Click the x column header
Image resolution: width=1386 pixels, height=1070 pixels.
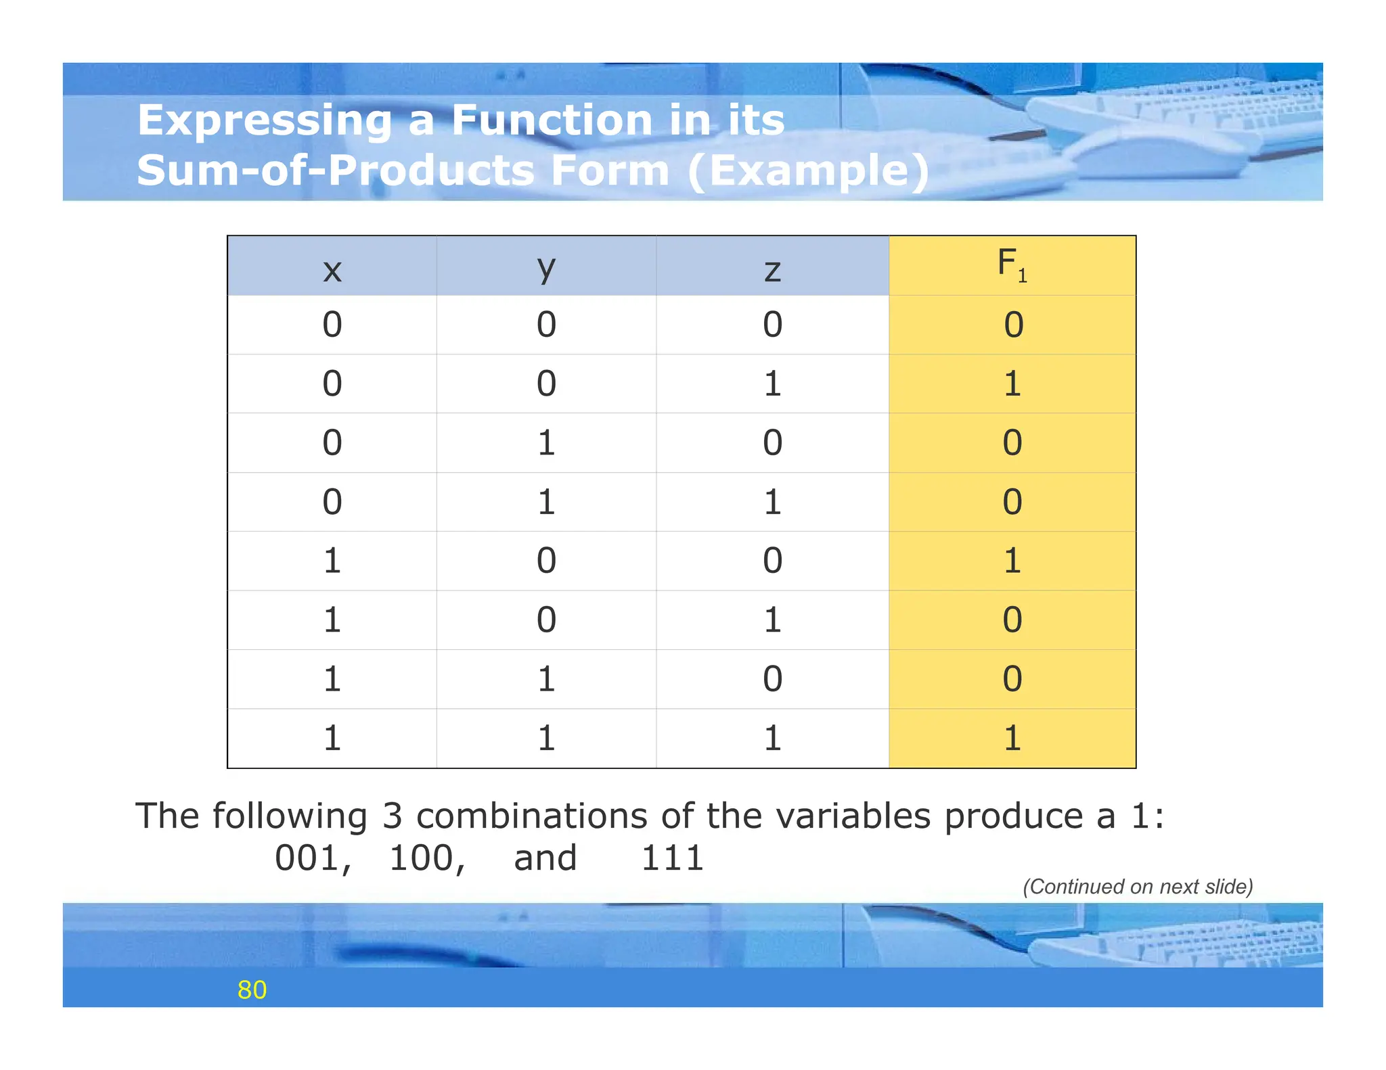tap(332, 270)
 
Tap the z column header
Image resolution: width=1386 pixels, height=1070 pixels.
tap(772, 270)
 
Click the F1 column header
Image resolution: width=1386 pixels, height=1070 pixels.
tap(1012, 264)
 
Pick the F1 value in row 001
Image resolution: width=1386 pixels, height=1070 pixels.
tap(1012, 383)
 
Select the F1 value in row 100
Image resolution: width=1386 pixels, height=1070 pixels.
tap(1012, 561)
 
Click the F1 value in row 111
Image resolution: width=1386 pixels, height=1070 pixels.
tap(1012, 738)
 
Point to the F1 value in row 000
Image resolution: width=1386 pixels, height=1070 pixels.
tap(1013, 325)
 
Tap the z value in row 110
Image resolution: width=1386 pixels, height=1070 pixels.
tap(772, 678)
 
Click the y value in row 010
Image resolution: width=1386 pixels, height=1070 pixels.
tap(546, 443)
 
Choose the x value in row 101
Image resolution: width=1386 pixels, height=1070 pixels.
tap(332, 620)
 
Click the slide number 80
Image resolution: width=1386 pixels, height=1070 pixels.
tap(252, 990)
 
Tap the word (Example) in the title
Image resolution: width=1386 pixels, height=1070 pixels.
tap(808, 170)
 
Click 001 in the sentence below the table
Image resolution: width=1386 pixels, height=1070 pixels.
tap(313, 858)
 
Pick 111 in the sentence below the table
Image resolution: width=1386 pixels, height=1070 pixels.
tap(672, 858)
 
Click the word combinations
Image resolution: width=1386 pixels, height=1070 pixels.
tap(532, 816)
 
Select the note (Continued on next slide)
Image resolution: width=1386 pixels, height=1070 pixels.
tap(1138, 887)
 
